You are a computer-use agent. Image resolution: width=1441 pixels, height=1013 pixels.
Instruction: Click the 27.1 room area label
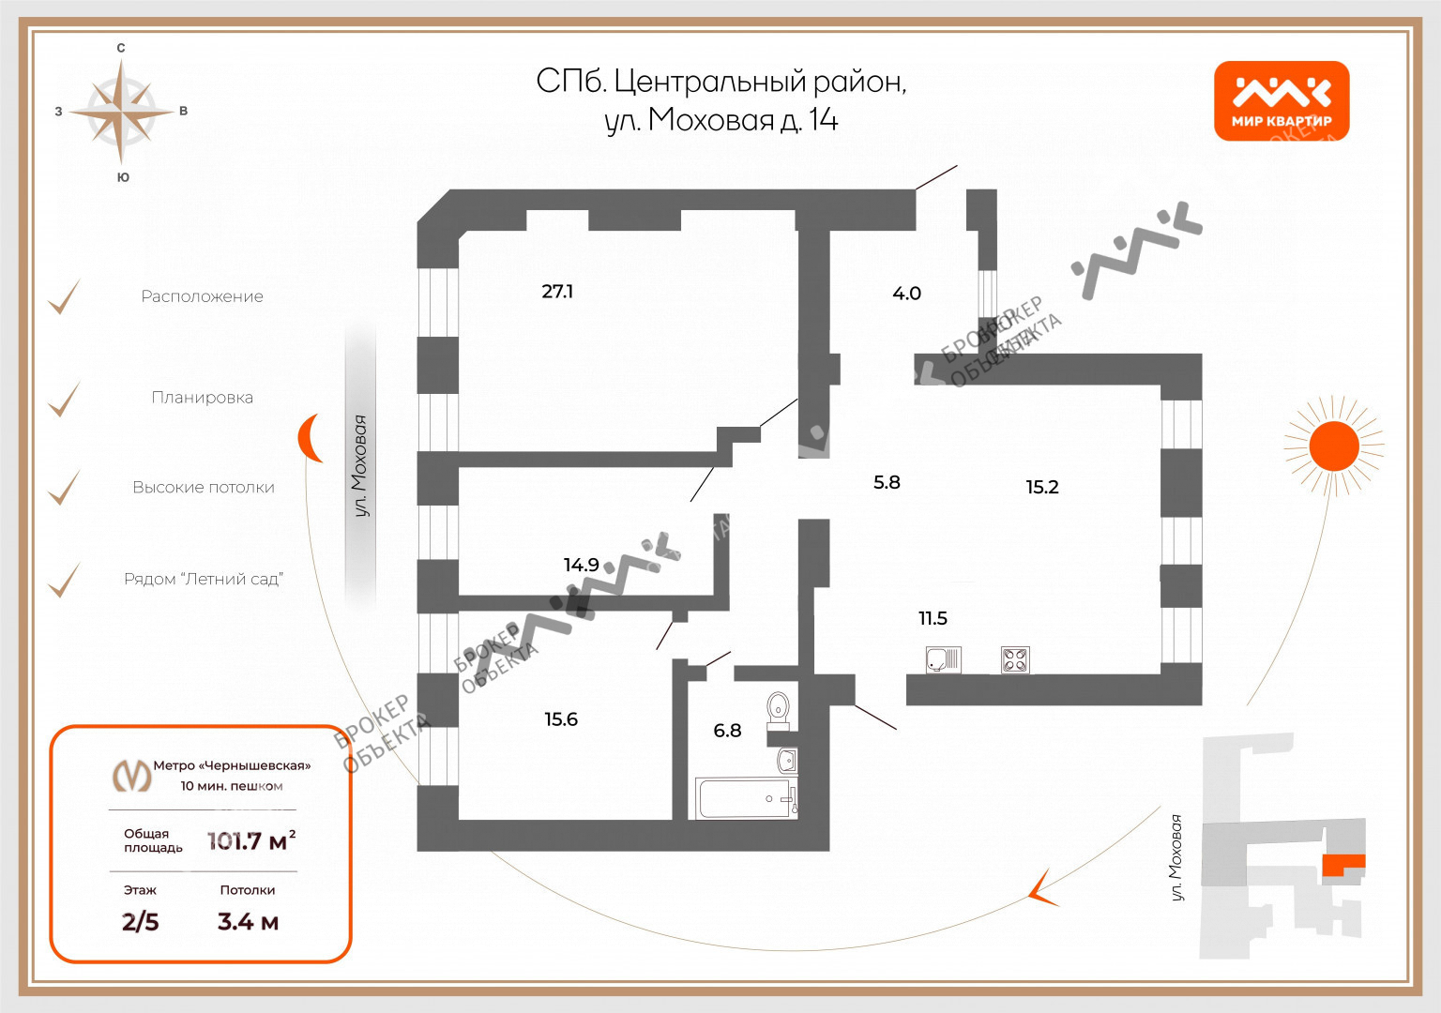pos(557,292)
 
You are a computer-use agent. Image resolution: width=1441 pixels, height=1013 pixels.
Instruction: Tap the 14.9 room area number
pos(581,565)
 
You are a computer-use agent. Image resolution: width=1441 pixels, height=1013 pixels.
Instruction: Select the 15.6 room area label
pos(561,719)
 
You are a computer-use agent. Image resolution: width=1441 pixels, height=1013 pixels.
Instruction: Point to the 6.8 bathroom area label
pos(727,731)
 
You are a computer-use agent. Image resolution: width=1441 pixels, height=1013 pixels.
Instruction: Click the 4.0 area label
pos(906,294)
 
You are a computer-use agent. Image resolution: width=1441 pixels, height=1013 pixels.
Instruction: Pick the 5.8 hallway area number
pos(887,482)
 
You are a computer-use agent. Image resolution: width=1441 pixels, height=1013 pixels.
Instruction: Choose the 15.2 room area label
pos(1041,487)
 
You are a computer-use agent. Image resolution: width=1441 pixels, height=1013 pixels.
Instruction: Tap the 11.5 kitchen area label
pos(933,618)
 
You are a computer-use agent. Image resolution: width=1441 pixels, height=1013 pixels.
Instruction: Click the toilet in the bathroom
pos(779,710)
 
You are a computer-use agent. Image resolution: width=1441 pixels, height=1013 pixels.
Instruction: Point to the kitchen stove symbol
pos(1015,659)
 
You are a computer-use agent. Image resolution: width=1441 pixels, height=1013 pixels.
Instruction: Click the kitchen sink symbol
pos(943,659)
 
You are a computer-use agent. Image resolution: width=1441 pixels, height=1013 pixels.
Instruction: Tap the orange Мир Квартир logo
pos(1282,101)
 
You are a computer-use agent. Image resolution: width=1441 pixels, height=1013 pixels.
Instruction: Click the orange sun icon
pos(1333,446)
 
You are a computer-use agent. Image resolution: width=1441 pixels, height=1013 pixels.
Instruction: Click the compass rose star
pos(122,112)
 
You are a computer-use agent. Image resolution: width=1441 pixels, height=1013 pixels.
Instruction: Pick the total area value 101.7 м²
pos(251,840)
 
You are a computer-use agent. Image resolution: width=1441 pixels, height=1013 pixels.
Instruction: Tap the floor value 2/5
pos(141,922)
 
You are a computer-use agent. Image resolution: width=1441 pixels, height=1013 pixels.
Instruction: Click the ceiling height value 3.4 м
pos(248,922)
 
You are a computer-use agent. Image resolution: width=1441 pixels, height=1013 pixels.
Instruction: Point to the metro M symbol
pos(131,775)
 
